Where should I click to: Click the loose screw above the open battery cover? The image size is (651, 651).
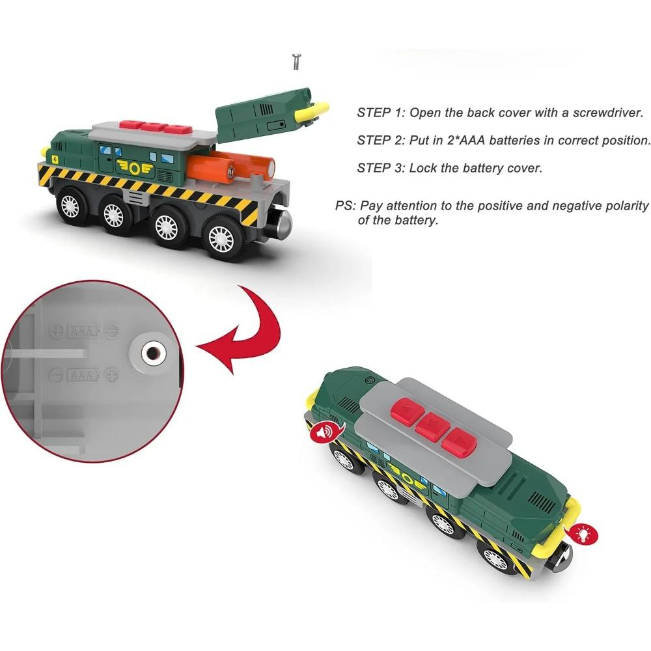pyautogui.click(x=296, y=61)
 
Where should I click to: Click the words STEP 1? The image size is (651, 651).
pyautogui.click(x=380, y=113)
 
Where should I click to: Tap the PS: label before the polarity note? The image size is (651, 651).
pyautogui.click(x=346, y=206)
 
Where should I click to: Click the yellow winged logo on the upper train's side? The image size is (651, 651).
pyautogui.click(x=135, y=168)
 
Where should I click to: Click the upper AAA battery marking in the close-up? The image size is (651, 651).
pyautogui.click(x=84, y=331)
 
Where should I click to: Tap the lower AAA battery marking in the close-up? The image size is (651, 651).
pyautogui.click(x=84, y=376)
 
